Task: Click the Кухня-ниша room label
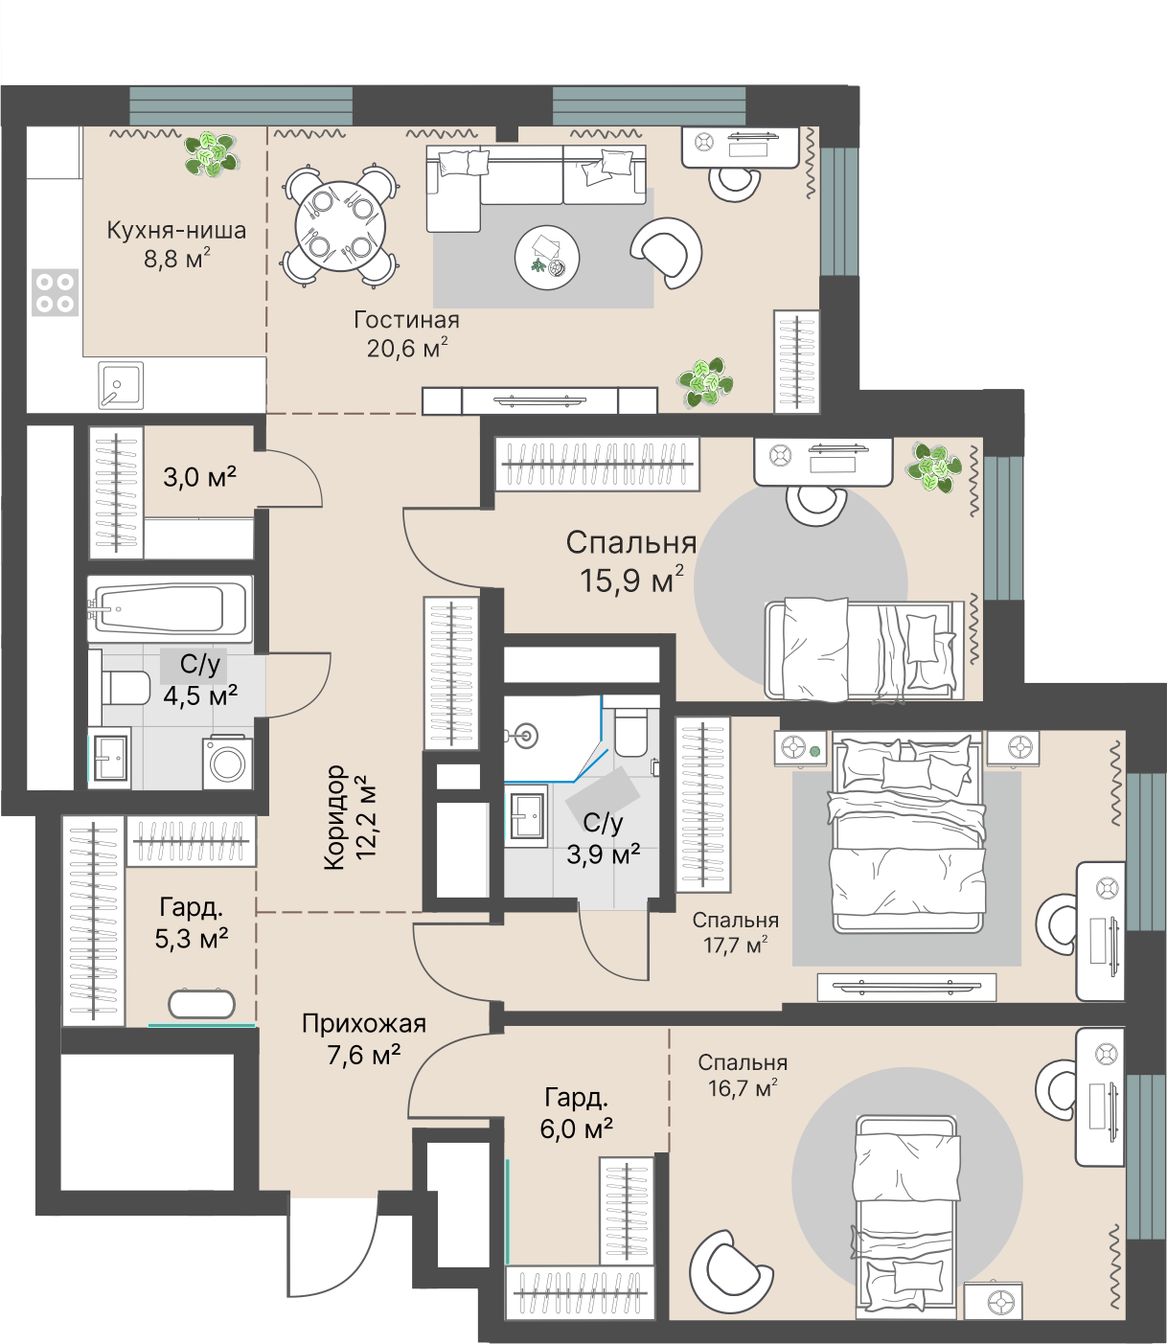click(x=176, y=231)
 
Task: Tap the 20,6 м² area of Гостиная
click(x=407, y=348)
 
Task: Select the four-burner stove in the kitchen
click(x=56, y=292)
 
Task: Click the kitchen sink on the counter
click(x=121, y=386)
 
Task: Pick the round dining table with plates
click(x=340, y=227)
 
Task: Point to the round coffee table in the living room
click(x=547, y=258)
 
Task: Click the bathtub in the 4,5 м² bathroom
click(x=171, y=609)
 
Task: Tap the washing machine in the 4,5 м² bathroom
click(x=227, y=763)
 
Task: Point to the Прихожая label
click(x=364, y=1023)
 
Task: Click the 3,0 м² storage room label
click(x=199, y=477)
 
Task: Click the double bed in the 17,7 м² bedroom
click(x=907, y=833)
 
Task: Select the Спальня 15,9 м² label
click(x=631, y=561)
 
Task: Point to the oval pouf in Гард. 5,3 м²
click(x=202, y=1004)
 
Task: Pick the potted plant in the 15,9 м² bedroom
click(x=934, y=467)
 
